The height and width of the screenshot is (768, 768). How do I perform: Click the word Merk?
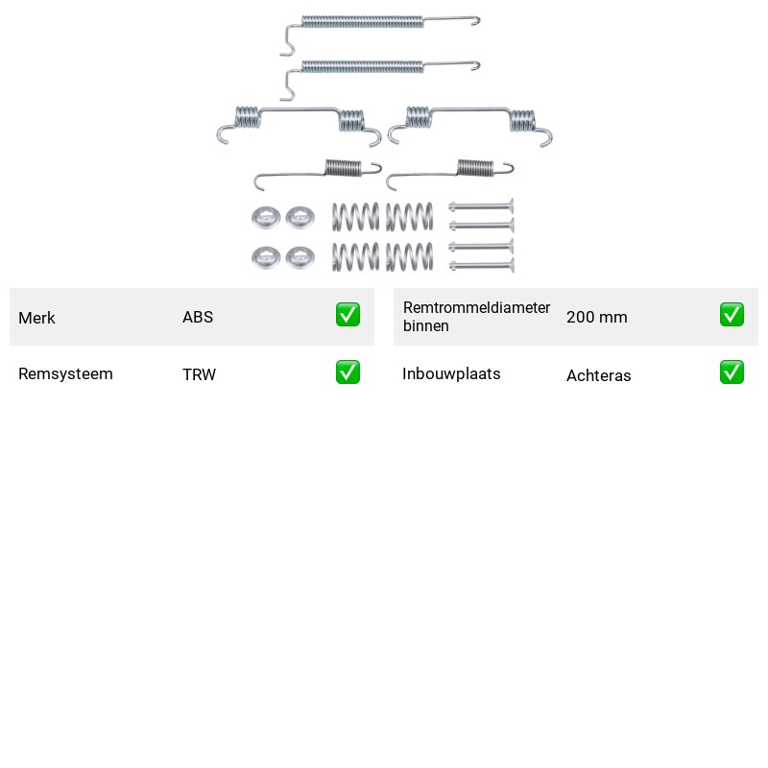(36, 318)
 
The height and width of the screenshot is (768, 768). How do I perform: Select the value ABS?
(198, 317)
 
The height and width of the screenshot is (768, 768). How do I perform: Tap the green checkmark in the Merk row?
(348, 315)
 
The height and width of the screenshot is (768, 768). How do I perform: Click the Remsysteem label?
(65, 373)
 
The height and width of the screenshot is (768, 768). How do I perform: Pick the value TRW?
(199, 374)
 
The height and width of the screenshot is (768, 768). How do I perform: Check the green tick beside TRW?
(348, 372)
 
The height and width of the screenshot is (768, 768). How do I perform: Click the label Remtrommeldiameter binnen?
(476, 317)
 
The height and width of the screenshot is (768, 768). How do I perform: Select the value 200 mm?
(596, 317)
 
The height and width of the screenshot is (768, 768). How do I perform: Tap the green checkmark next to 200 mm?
(732, 315)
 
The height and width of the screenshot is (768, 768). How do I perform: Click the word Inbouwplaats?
(451, 373)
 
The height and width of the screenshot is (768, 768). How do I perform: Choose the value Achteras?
(598, 375)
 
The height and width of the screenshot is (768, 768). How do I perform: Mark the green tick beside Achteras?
(732, 372)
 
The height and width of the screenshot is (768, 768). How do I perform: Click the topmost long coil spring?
(363, 22)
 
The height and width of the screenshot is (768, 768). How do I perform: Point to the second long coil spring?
(363, 66)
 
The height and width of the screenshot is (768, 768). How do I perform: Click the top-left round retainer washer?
(266, 218)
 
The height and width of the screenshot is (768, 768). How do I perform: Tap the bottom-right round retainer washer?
(300, 257)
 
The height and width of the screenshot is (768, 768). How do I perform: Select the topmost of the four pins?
(481, 206)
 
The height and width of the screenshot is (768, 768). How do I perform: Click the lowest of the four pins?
(481, 266)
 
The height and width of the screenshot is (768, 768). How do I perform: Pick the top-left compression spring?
(355, 217)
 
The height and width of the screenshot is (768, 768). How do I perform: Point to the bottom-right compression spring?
(410, 256)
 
